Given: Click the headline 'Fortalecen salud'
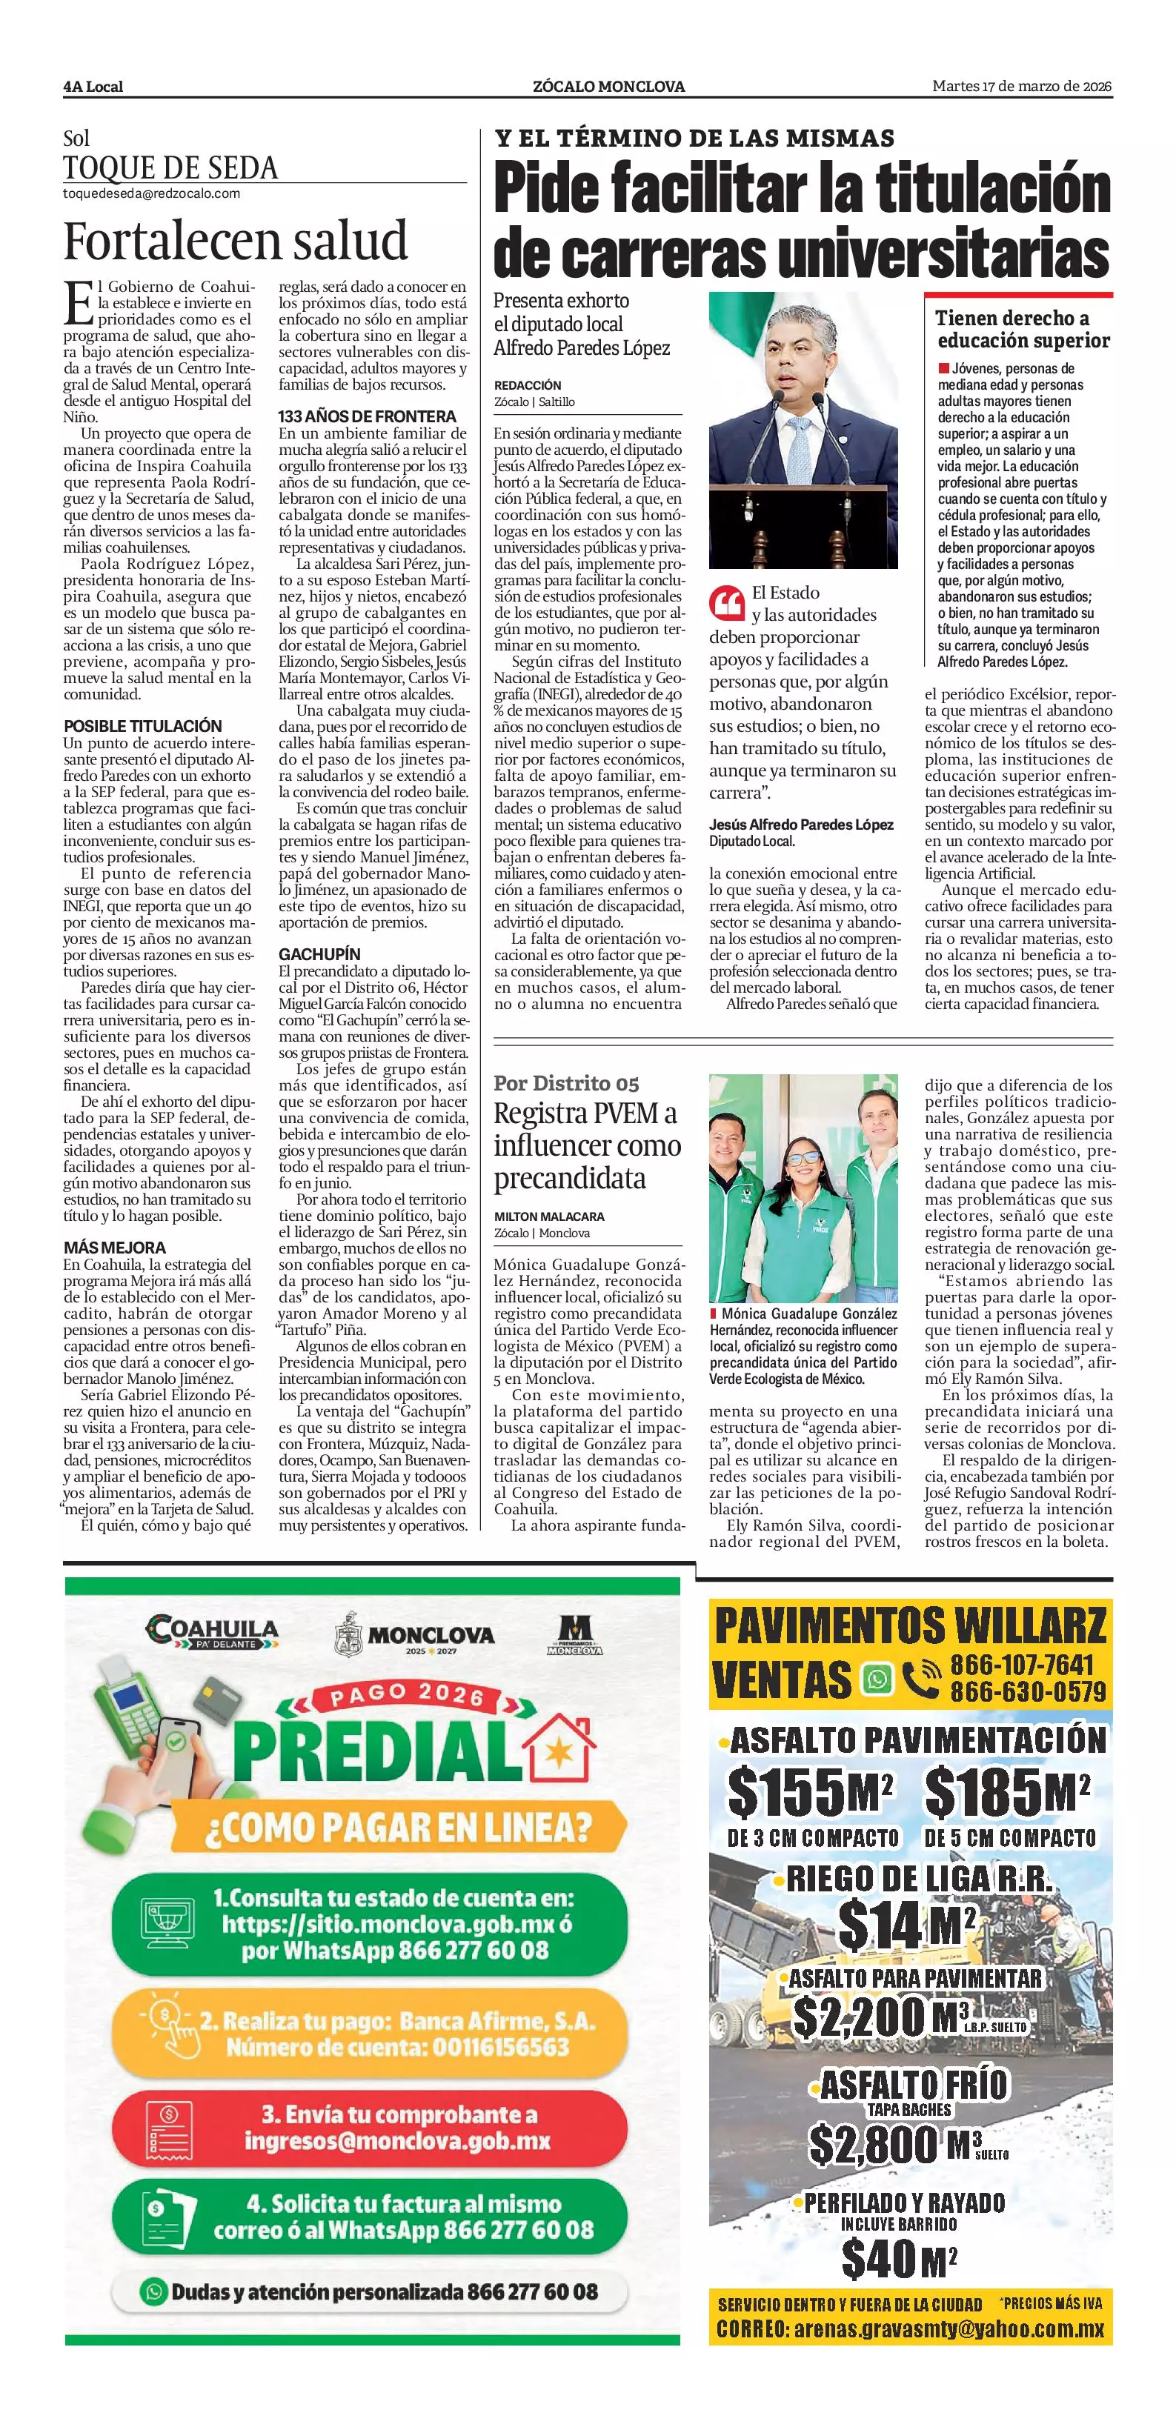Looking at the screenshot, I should pyautogui.click(x=236, y=242).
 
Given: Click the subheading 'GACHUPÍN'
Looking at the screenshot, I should pyautogui.click(x=319, y=953).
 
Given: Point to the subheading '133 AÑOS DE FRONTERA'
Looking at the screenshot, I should pyautogui.click(x=367, y=416).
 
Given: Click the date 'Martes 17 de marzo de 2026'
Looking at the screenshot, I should pyautogui.click(x=1021, y=87).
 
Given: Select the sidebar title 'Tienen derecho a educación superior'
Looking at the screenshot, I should pyautogui.click(x=1023, y=330).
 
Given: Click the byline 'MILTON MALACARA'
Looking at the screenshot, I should pyautogui.click(x=549, y=1216).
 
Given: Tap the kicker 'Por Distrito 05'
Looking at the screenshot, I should pyautogui.click(x=566, y=1083).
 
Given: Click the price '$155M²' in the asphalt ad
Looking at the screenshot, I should pyautogui.click(x=808, y=1791).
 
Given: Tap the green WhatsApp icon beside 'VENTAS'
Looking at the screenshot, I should pyautogui.click(x=878, y=1679).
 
